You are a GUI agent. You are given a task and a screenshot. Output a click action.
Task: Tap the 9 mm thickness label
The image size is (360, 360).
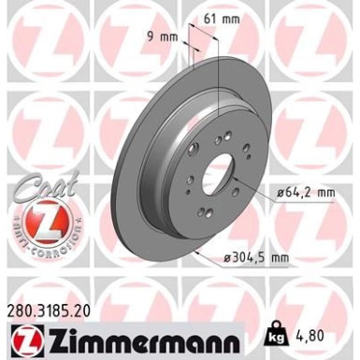tap(165, 37)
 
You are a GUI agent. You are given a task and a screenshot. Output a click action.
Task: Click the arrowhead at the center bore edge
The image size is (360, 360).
tap(237, 186)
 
